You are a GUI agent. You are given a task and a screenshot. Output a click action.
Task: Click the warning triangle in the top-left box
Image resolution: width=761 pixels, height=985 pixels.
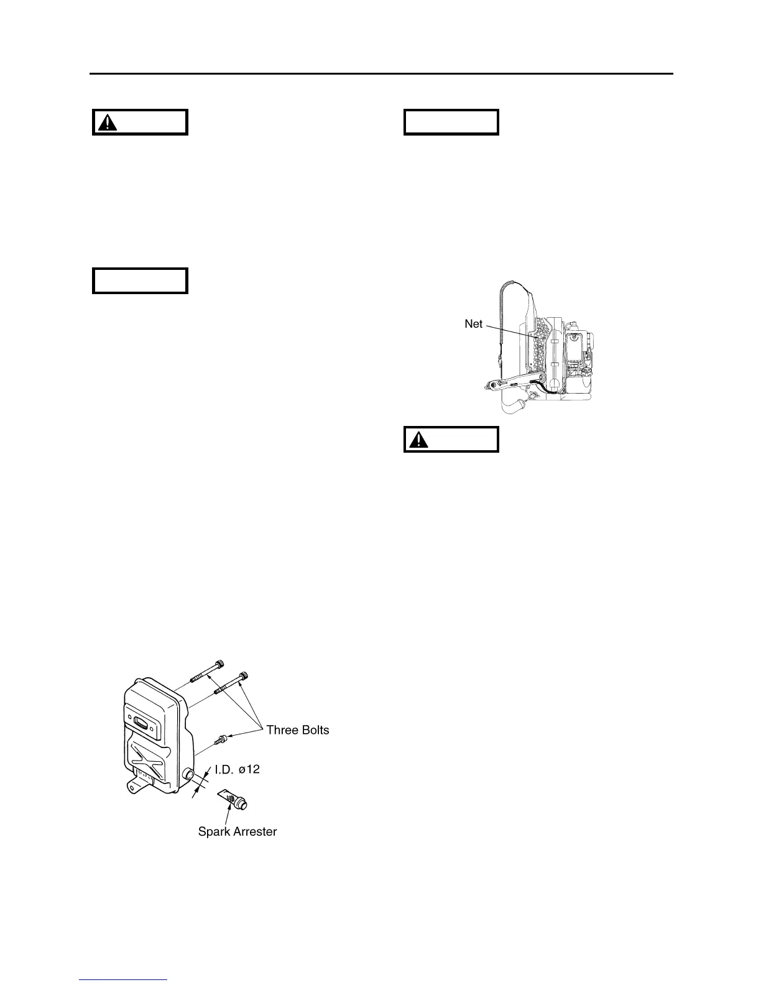pyautogui.click(x=110, y=123)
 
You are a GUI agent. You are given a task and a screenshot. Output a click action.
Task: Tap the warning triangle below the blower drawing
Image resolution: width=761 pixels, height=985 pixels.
pyautogui.click(x=422, y=440)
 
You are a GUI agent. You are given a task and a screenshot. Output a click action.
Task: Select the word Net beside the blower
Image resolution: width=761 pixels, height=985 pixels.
pyautogui.click(x=474, y=324)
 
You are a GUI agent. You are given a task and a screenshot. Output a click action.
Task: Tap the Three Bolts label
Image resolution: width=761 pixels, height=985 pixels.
pyautogui.click(x=298, y=730)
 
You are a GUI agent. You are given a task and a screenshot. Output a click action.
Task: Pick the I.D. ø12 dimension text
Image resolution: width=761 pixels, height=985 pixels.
pyautogui.click(x=237, y=769)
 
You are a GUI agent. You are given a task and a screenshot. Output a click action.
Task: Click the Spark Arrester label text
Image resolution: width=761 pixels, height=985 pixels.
pyautogui.click(x=237, y=831)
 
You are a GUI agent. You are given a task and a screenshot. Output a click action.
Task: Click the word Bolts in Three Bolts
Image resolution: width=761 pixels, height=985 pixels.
pyautogui.click(x=314, y=730)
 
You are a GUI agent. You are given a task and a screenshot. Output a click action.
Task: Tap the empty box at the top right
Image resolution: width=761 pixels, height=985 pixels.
pyautogui.click(x=451, y=123)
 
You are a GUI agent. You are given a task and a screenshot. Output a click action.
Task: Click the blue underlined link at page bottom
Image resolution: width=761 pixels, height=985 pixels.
pyautogui.click(x=124, y=981)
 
